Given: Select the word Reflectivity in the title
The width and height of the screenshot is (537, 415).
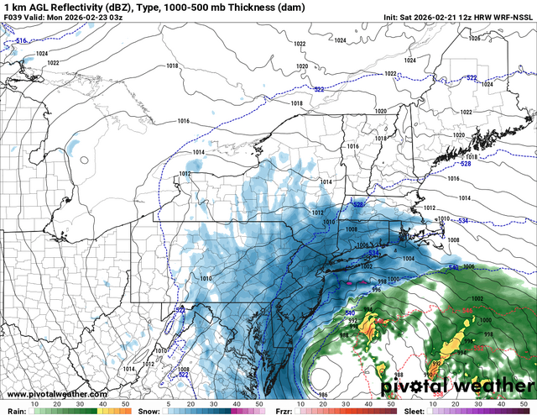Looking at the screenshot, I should pos(65,7).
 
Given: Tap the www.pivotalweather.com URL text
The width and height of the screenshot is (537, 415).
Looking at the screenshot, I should pos(51,393).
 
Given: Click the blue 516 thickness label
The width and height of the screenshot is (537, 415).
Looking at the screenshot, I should pos(21,40).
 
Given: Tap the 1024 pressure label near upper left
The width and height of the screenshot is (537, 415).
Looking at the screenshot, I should pos(42,54).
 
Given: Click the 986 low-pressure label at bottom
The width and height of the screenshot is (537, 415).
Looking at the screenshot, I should pos(323,393).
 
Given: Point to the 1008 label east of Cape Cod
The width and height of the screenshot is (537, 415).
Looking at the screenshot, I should pos(454,240).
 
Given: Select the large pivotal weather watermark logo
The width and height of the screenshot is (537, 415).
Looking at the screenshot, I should pos(457,386).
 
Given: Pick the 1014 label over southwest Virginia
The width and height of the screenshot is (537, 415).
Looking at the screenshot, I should pos(128,368).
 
